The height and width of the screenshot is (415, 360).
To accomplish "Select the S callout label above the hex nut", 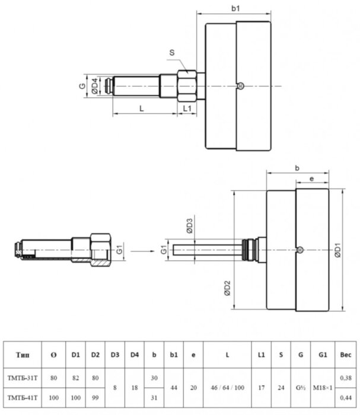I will pos(172,53).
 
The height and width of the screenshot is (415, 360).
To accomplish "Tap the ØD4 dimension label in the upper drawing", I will pos(94,87).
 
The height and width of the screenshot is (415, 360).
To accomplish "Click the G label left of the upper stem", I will pos(82,87).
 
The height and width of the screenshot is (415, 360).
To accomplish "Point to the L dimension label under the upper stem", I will pos(141,107).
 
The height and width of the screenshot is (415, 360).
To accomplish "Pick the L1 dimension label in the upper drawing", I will pos(187,107).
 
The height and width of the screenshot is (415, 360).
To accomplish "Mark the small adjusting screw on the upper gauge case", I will pos(240,86).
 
